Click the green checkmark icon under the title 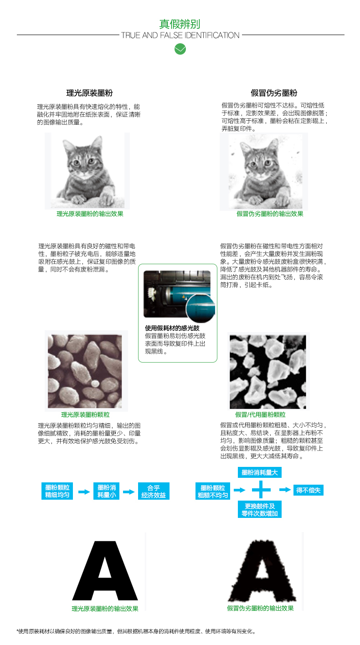pos(180,49)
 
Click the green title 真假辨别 pos(180,24)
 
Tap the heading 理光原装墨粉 pos(89,93)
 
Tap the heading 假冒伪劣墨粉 pos(273,93)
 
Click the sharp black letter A pos(105,570)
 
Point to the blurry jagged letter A pos(262,571)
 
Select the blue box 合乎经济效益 pos(154,491)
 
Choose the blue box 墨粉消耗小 pos(106,491)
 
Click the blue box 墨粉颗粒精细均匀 pos(57,491)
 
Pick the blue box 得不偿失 pos(308,490)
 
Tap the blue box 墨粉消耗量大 pos(259,472)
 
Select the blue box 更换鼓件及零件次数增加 pos(259,509)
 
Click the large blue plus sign pos(261,490)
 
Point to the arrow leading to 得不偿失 pos(285,490)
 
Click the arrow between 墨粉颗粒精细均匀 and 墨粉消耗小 pos(84,491)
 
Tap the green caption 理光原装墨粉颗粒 pos(85,415)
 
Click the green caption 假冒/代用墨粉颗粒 pos(260,415)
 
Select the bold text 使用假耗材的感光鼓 pos(172,328)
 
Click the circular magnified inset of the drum pos(201,308)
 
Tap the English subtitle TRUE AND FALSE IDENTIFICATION pos(180,35)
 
